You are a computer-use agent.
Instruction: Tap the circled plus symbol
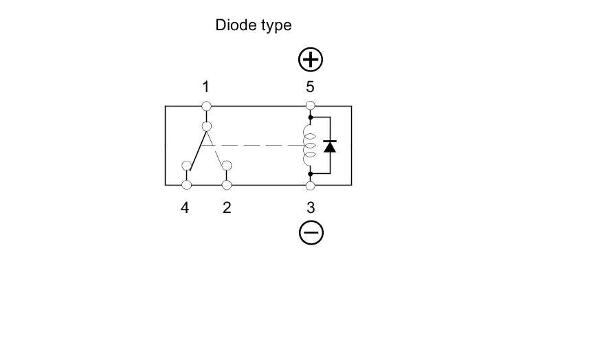[x=311, y=60]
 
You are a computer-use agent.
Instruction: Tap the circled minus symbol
[x=311, y=234]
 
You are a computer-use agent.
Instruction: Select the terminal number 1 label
[x=205, y=87]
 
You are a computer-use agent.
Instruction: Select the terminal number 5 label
[x=311, y=87]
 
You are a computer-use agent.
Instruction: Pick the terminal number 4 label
[x=185, y=207]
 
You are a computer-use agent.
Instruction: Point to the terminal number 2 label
[x=227, y=207]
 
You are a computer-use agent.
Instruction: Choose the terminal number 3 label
[x=311, y=207]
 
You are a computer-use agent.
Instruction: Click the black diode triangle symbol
[x=330, y=146]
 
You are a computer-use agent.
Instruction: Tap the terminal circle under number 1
[x=206, y=106]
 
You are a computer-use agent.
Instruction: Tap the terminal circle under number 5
[x=311, y=106]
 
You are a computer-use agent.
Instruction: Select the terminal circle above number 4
[x=186, y=185]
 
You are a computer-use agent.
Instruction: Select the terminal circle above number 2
[x=227, y=185]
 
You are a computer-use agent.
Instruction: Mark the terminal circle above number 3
[x=311, y=185]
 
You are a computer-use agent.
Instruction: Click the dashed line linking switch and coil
[x=261, y=146]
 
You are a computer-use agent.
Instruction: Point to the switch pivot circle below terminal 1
[x=206, y=126]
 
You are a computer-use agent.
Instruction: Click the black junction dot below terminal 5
[x=311, y=118]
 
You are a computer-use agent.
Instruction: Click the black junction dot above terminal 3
[x=311, y=174]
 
